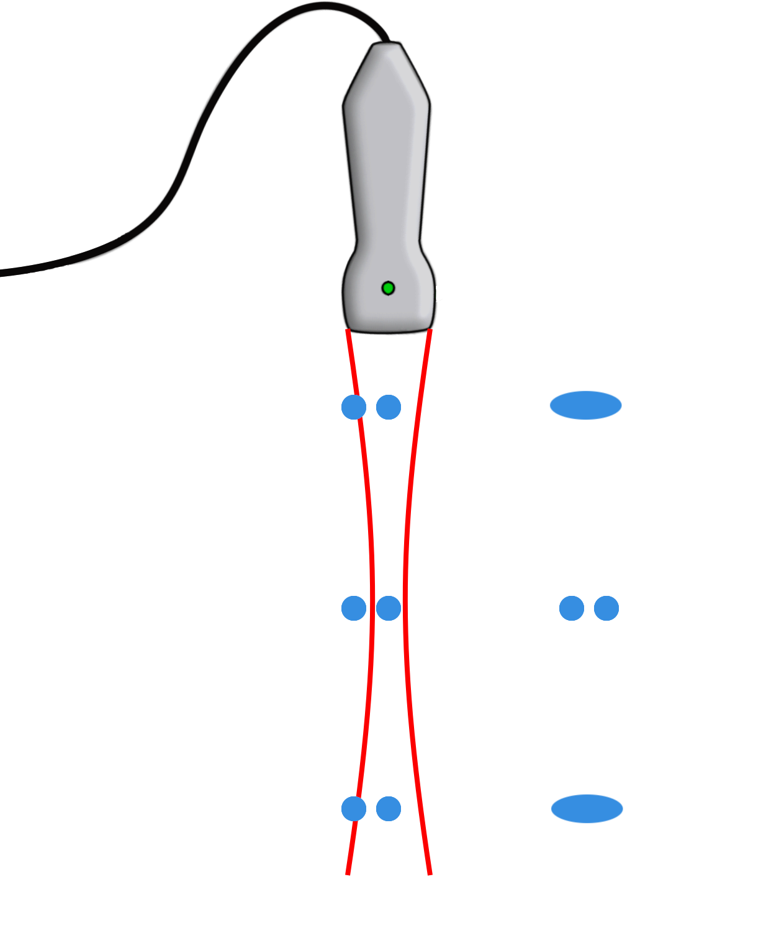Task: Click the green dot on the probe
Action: click(x=388, y=288)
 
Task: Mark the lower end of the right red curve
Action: click(x=430, y=873)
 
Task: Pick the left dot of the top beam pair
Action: click(x=354, y=407)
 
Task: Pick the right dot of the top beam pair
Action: click(x=389, y=407)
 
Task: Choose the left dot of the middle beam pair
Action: click(x=354, y=608)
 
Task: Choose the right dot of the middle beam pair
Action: click(x=389, y=608)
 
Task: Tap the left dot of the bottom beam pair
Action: click(x=354, y=809)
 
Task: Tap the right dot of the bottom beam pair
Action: click(x=389, y=809)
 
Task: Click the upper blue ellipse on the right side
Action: click(x=585, y=405)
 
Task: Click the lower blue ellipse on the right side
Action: click(x=587, y=809)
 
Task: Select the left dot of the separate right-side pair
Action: click(x=572, y=608)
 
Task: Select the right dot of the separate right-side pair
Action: click(x=606, y=608)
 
